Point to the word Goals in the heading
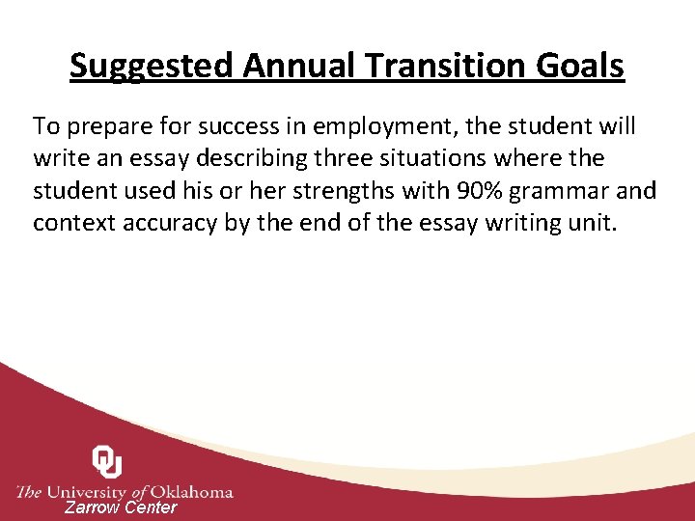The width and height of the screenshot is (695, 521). coord(581,67)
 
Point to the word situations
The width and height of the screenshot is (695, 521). coord(458,158)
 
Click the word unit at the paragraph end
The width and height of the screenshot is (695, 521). coord(591,223)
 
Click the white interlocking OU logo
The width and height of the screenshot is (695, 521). coord(107,462)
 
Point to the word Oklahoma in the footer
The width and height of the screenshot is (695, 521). coord(186,492)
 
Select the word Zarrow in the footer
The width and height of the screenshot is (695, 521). coord(93,507)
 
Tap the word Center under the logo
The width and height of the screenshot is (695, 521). coord(153,507)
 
